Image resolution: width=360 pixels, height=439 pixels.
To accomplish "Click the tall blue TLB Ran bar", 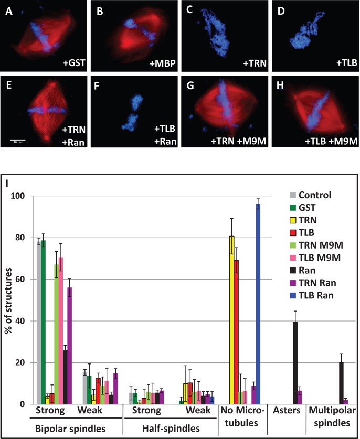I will click(258, 304).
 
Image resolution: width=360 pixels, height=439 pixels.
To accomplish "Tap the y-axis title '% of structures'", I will click(9, 299).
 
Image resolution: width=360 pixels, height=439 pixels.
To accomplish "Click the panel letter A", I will click(8, 8).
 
